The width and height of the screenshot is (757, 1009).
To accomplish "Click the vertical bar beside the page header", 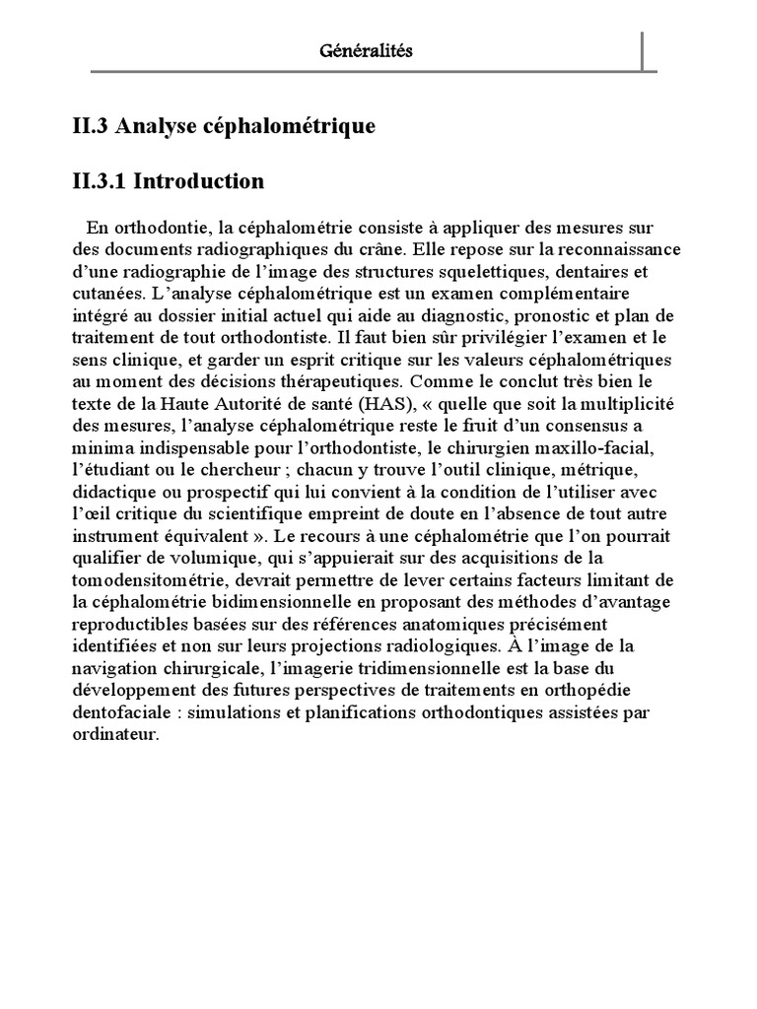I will coord(643,51).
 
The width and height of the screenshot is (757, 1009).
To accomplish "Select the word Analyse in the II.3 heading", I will coord(161,126).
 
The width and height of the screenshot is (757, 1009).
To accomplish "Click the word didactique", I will coord(109,491).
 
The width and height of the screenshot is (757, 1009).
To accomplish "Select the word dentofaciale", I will coord(116,711).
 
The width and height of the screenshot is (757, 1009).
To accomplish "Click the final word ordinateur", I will coord(114,734).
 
